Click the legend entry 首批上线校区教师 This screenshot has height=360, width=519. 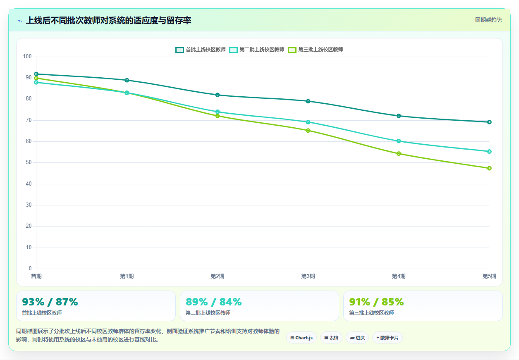(x=201, y=50)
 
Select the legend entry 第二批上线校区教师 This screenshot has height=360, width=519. (x=257, y=50)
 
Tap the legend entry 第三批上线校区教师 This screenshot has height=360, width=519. (x=316, y=50)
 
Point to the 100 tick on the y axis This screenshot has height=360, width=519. (x=27, y=57)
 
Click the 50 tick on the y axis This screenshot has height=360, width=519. (x=29, y=162)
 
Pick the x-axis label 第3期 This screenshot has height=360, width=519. (x=308, y=276)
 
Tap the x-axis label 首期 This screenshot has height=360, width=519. (x=36, y=276)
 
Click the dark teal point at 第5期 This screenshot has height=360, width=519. (x=489, y=122)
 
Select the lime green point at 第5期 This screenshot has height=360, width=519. (x=489, y=168)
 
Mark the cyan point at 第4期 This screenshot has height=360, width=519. (x=399, y=141)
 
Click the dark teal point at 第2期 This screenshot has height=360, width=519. (x=218, y=95)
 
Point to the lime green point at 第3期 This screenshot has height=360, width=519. (x=308, y=131)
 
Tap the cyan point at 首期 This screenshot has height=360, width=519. (x=36, y=82)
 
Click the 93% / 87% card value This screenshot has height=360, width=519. (x=50, y=302)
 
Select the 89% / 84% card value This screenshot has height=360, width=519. (x=213, y=302)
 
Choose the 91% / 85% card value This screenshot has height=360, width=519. (x=376, y=302)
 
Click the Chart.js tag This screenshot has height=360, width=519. (x=301, y=338)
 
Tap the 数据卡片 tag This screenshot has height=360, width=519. (x=387, y=338)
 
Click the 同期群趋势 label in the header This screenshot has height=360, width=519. (x=488, y=20)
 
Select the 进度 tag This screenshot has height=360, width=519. (x=357, y=338)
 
